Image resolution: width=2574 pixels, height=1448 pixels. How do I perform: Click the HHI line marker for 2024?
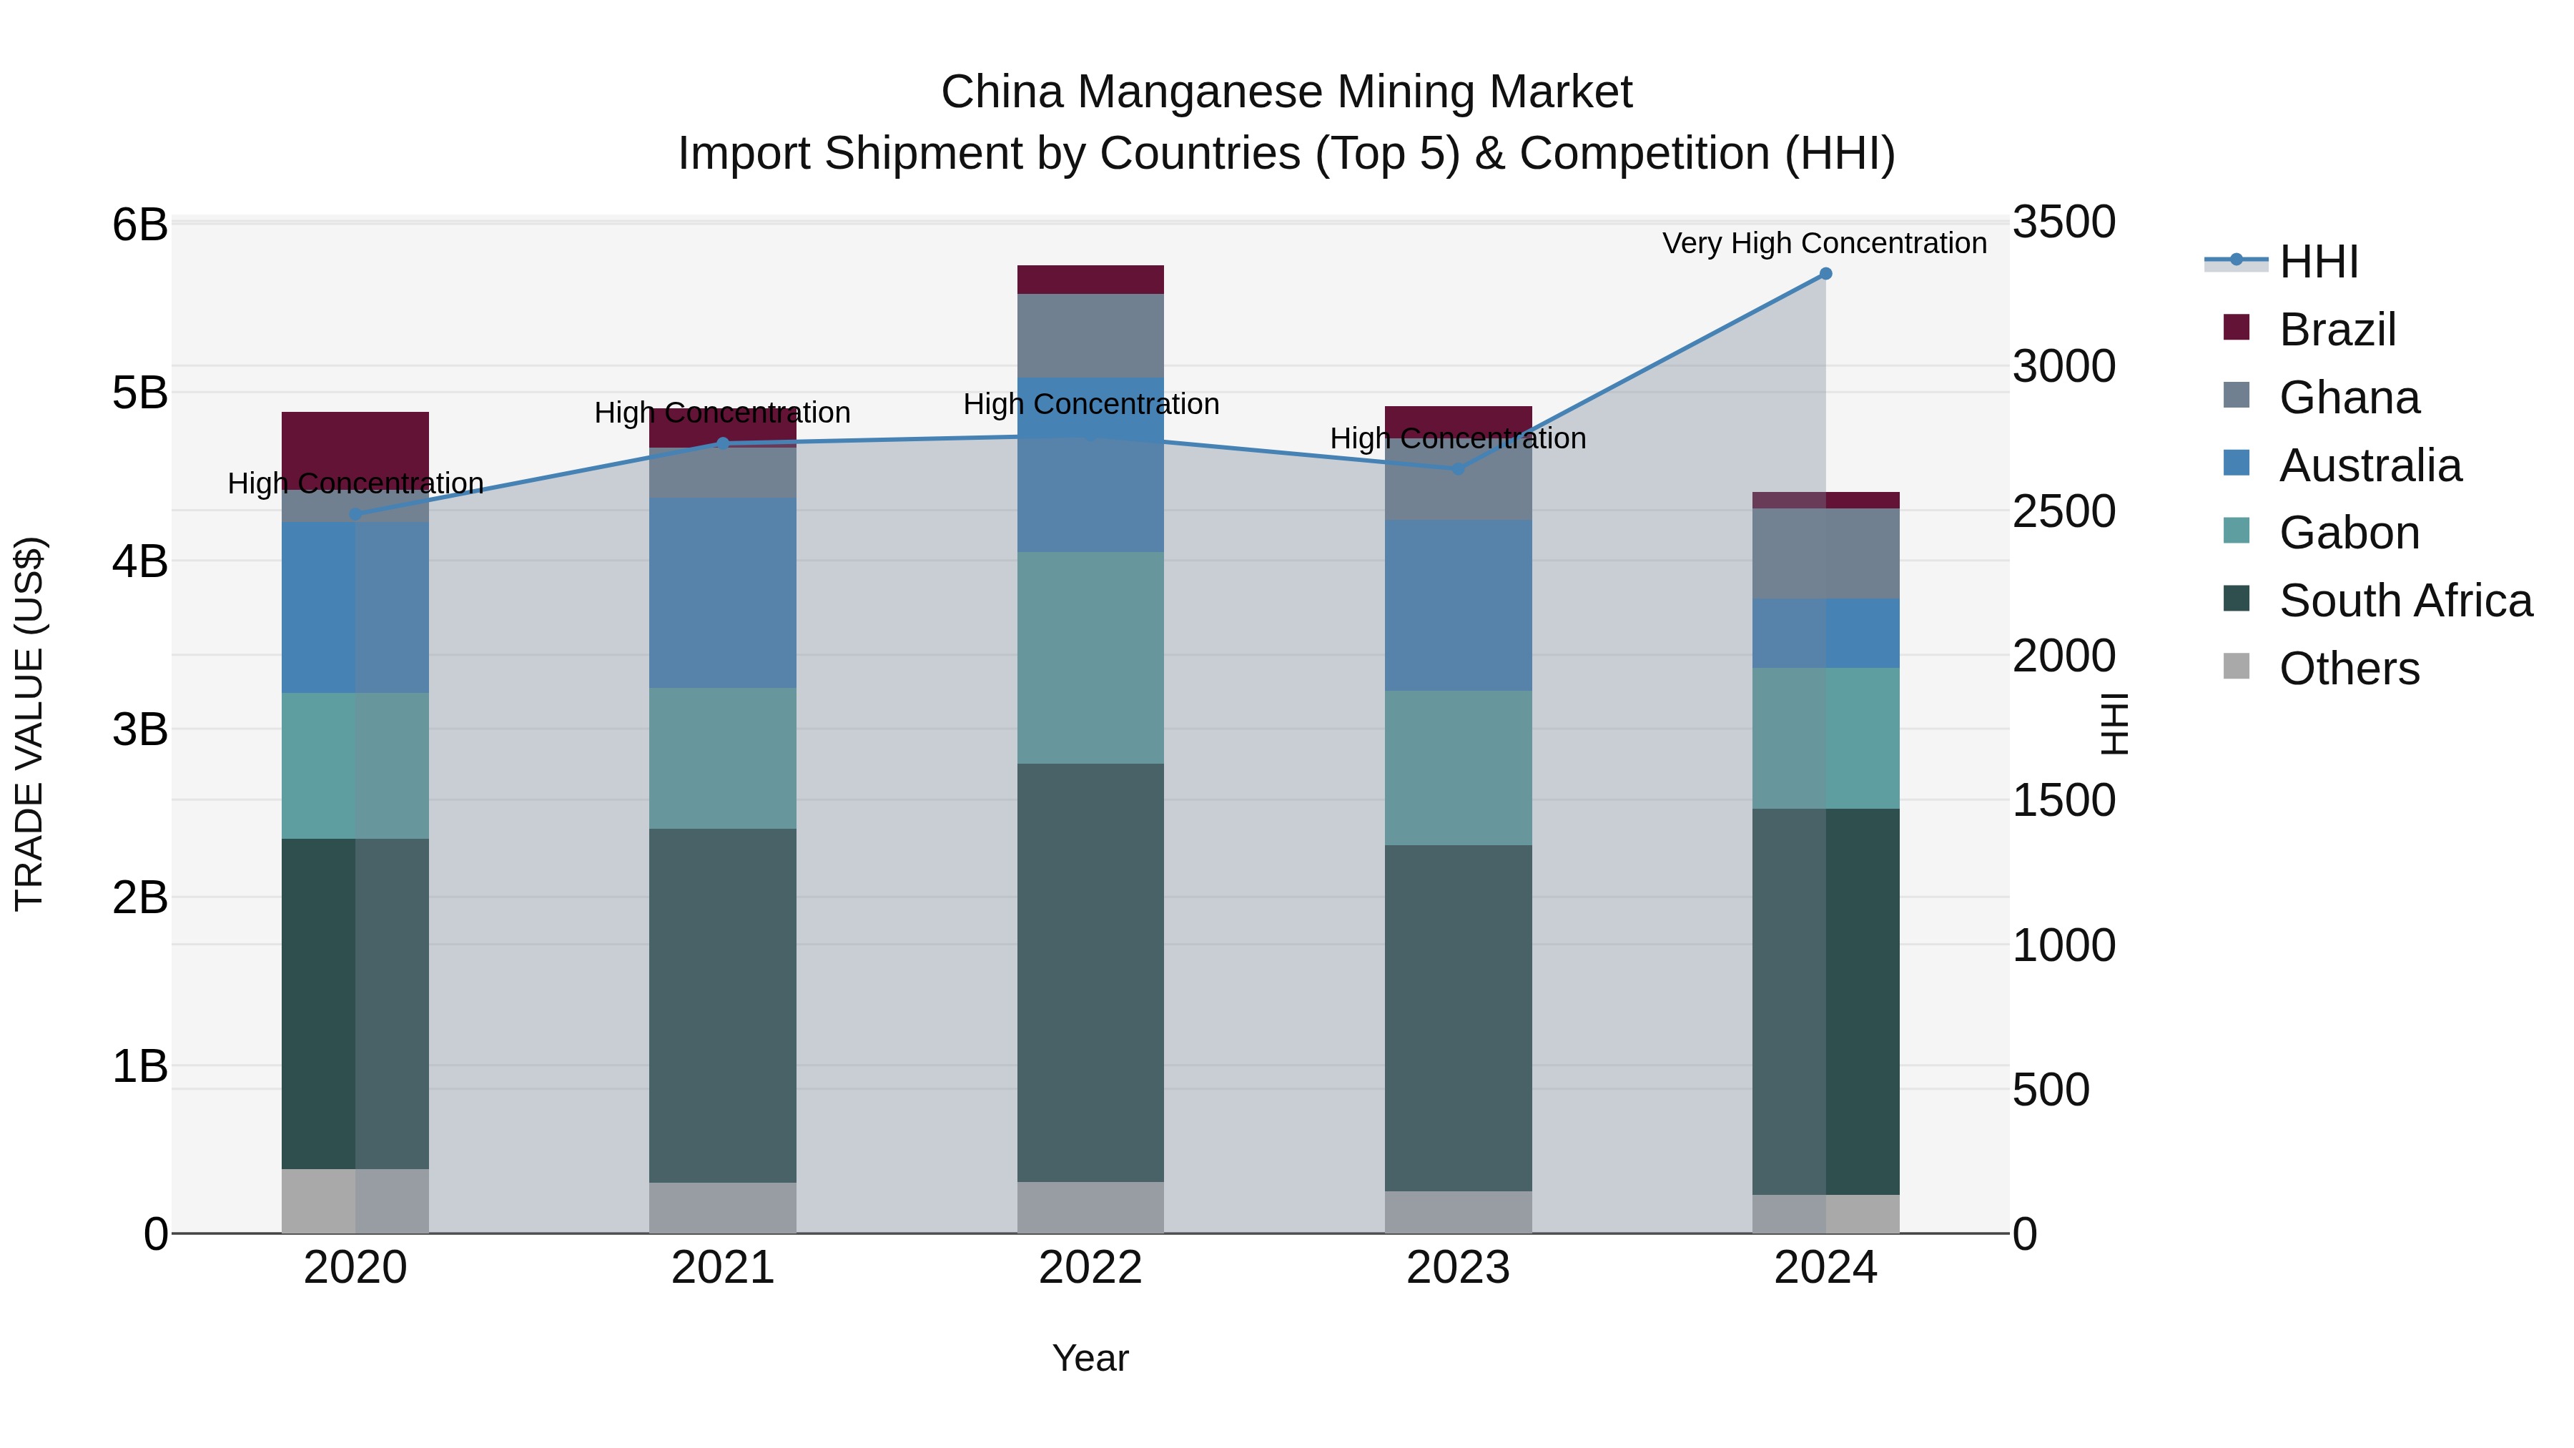click(x=1825, y=274)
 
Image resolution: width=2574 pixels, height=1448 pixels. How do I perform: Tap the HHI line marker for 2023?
click(x=1457, y=468)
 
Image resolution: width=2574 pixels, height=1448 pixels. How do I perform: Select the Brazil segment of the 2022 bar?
click(x=1090, y=280)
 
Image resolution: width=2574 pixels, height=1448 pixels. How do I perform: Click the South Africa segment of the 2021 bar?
click(x=722, y=1005)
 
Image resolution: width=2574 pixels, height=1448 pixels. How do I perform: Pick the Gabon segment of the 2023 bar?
click(x=1458, y=767)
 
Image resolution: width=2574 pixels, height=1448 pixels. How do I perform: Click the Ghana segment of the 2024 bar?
click(x=1825, y=553)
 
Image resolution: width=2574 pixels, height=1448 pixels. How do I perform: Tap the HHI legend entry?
click(x=2318, y=262)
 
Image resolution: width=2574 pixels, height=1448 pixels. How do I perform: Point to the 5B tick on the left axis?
click(x=140, y=393)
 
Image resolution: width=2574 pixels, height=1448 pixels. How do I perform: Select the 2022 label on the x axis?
click(x=1090, y=1268)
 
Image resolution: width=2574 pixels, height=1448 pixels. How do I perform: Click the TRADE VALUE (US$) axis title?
click(x=30, y=724)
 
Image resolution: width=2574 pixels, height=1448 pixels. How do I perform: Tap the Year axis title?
click(x=1090, y=1358)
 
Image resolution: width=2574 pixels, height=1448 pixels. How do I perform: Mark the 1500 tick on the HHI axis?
click(x=2063, y=800)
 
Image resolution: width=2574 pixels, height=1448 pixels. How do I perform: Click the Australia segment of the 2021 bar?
click(x=722, y=593)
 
